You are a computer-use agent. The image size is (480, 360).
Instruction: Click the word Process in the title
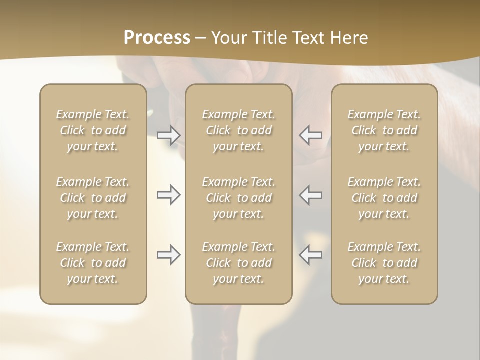tap(157, 38)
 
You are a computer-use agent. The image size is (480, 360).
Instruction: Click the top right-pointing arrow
tap(168, 135)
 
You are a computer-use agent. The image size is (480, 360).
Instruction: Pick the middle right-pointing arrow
tap(168, 195)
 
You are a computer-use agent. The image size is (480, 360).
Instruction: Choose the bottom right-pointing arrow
tap(168, 255)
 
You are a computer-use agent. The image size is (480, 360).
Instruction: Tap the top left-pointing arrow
tap(311, 135)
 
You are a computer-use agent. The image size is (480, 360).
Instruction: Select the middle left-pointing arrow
tap(311, 195)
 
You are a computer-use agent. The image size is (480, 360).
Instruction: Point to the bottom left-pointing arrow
tap(311, 255)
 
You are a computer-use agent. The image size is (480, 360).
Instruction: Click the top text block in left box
tap(93, 130)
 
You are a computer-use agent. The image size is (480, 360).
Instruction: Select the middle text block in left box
tap(93, 198)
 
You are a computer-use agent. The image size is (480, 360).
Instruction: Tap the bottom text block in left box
tap(93, 263)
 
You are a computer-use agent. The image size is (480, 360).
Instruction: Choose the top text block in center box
tap(239, 130)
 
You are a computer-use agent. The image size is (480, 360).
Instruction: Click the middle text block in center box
tap(239, 198)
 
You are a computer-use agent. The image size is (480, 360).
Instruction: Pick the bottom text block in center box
tap(239, 263)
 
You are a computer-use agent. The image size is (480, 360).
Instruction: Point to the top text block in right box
tap(384, 130)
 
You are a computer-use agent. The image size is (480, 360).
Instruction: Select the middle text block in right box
tap(384, 198)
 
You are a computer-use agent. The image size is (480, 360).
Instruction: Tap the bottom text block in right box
tap(384, 263)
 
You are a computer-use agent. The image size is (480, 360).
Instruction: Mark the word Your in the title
tap(228, 38)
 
